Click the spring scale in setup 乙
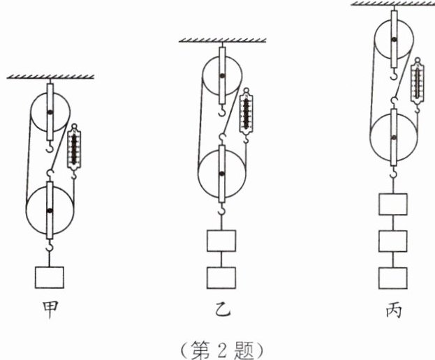[245, 112]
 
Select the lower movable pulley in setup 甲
[50, 210]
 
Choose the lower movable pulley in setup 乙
[222, 173]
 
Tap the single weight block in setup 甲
[50, 276]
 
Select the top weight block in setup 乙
[222, 241]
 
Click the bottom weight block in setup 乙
[222, 276]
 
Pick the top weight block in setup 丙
[393, 205]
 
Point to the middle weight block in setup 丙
[393, 241]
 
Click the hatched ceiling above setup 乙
[222, 40]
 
